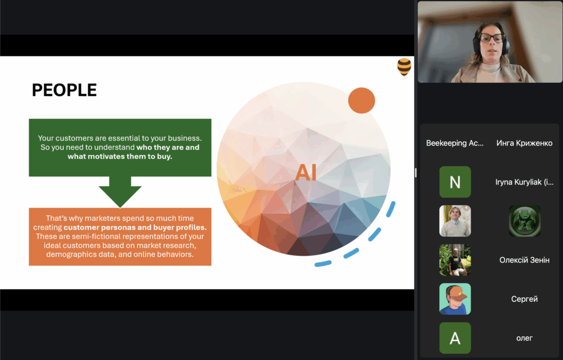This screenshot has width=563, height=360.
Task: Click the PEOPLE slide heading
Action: tap(64, 90)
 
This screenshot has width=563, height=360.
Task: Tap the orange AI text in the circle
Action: tap(306, 172)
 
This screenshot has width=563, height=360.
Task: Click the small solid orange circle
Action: tap(362, 101)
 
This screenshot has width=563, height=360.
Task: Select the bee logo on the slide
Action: tap(404, 67)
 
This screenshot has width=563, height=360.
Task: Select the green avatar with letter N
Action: tap(455, 182)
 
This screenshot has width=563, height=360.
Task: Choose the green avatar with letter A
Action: tap(455, 338)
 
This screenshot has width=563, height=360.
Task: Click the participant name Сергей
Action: tap(524, 299)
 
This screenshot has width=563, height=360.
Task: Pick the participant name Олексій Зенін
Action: tap(524, 260)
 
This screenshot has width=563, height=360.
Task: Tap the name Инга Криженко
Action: tap(524, 143)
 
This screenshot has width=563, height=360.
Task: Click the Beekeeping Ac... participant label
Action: tap(455, 143)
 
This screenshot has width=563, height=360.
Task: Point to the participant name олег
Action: tap(524, 338)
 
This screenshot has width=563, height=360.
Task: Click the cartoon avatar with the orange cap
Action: tap(455, 299)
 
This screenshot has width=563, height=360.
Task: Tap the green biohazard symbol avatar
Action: tap(525, 221)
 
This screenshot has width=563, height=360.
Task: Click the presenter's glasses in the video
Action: tap(492, 38)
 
